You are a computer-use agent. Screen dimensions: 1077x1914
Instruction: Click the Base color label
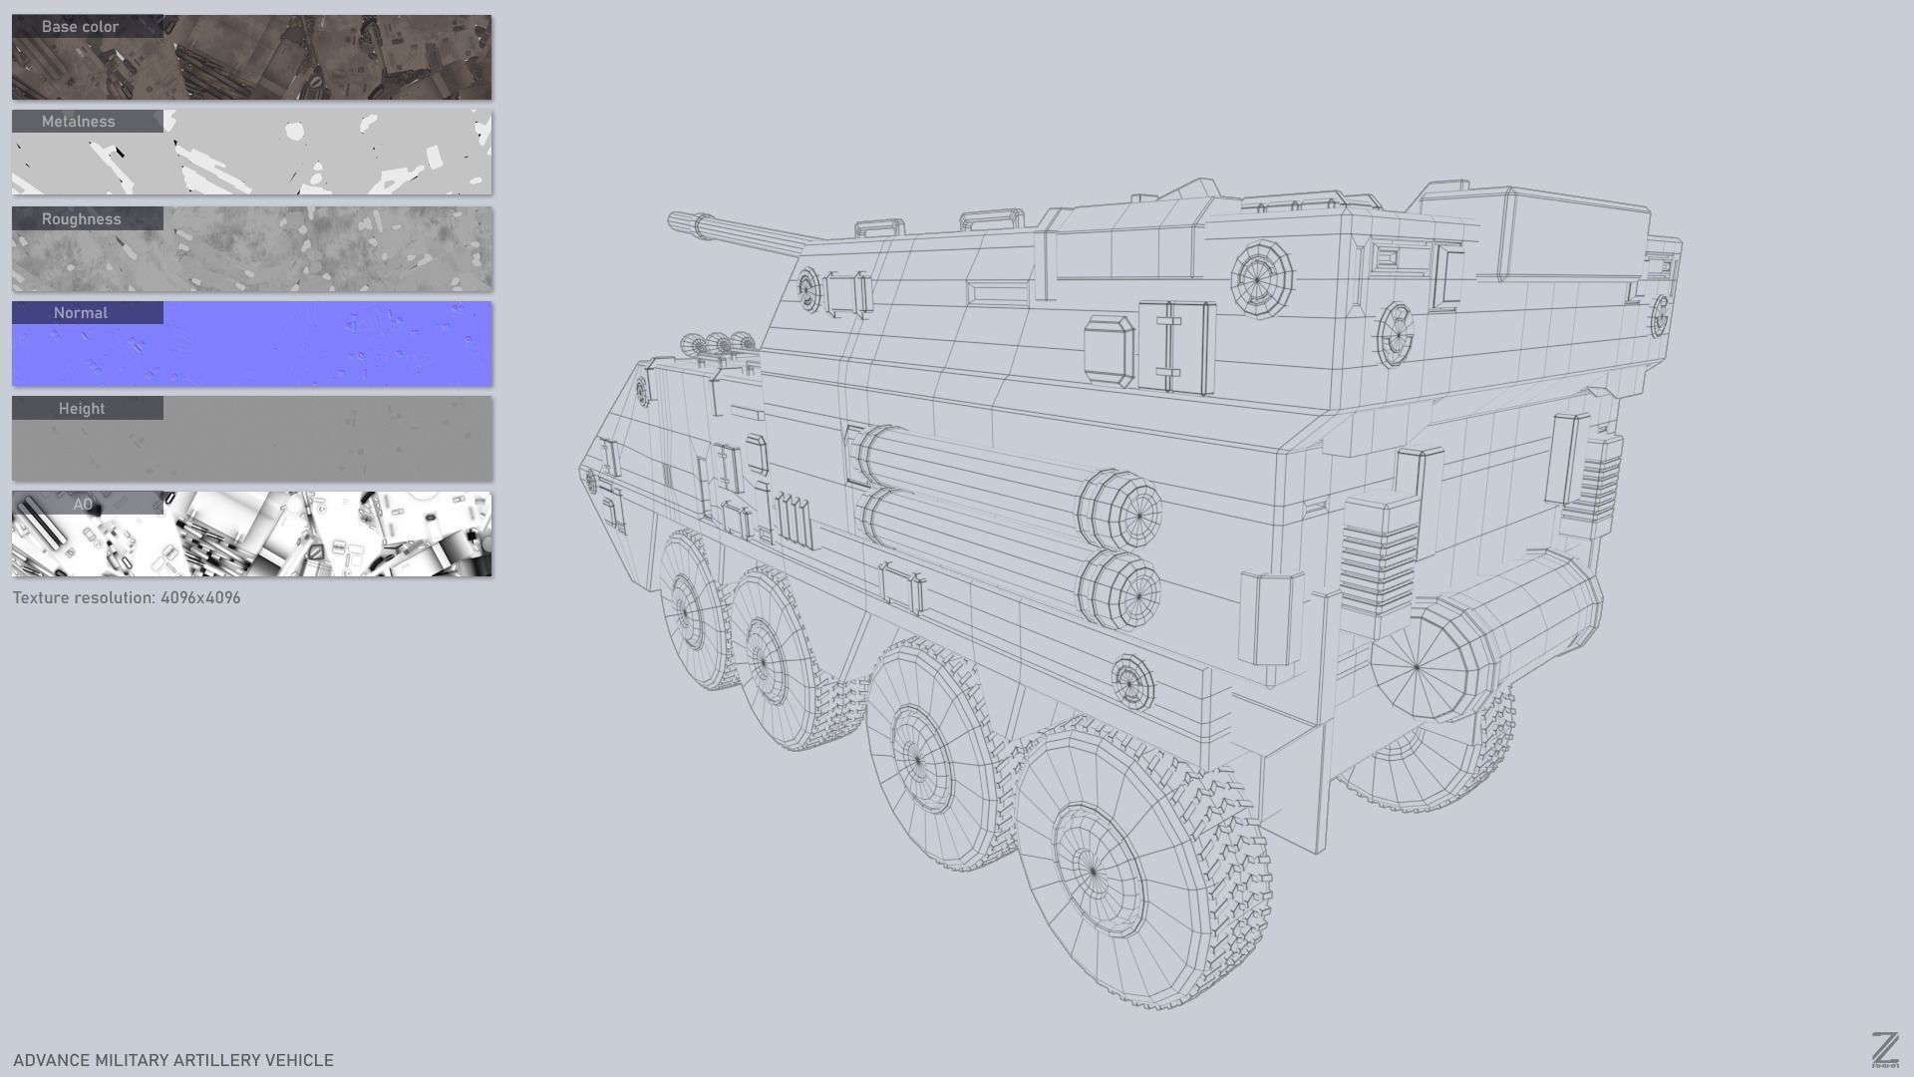(x=81, y=27)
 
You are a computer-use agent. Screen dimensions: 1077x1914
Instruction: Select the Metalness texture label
(x=79, y=122)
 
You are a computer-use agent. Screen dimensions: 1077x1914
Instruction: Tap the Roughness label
(x=82, y=219)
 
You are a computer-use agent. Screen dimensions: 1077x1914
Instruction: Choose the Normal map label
(x=81, y=313)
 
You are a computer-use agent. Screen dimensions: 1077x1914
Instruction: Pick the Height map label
(x=82, y=409)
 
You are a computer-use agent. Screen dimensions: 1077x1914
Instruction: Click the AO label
(x=83, y=505)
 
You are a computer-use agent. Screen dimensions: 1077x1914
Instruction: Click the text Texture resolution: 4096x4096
(x=127, y=598)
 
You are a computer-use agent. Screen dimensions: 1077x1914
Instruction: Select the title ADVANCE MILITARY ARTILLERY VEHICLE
(x=173, y=1060)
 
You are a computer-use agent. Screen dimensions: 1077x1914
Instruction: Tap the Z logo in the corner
(x=1884, y=1050)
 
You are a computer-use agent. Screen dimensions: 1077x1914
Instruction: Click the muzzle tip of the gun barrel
(x=674, y=218)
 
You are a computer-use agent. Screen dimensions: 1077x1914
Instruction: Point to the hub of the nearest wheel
(x=1093, y=871)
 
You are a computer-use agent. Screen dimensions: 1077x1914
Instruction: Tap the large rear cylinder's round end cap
(x=1417, y=666)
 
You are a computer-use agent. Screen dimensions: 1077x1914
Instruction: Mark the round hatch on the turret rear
(x=1261, y=278)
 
